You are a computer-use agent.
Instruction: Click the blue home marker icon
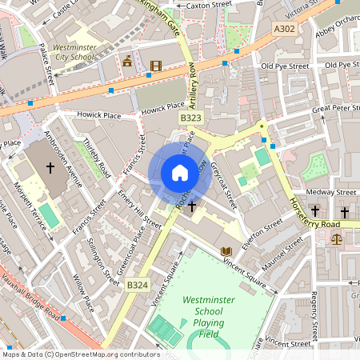pos(180,172)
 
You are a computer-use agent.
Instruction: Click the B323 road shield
pos(190,118)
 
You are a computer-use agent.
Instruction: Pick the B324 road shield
pos(137,284)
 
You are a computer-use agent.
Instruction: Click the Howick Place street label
pos(98,114)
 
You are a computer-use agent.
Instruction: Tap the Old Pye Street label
pos(284,66)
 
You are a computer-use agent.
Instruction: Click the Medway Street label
pos(335,192)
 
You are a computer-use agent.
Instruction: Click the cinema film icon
pos(155,66)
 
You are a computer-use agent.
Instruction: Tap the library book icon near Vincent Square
pos(226,251)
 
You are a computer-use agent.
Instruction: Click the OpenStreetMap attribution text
pos(81,354)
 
